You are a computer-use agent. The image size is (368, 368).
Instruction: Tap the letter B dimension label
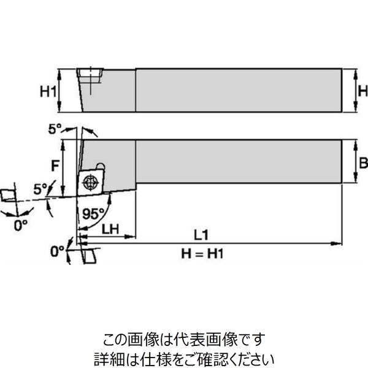coord(362,163)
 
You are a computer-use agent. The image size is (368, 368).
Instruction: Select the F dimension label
coord(55,164)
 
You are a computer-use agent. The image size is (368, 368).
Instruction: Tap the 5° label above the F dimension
coord(55,129)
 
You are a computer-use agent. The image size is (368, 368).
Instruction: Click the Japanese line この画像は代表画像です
coord(184,338)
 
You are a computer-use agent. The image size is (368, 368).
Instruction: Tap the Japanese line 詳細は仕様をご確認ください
coord(184,357)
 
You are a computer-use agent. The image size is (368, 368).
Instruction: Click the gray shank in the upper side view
coord(238,90)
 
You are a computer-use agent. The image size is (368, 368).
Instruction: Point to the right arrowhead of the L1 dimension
coord(337,243)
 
